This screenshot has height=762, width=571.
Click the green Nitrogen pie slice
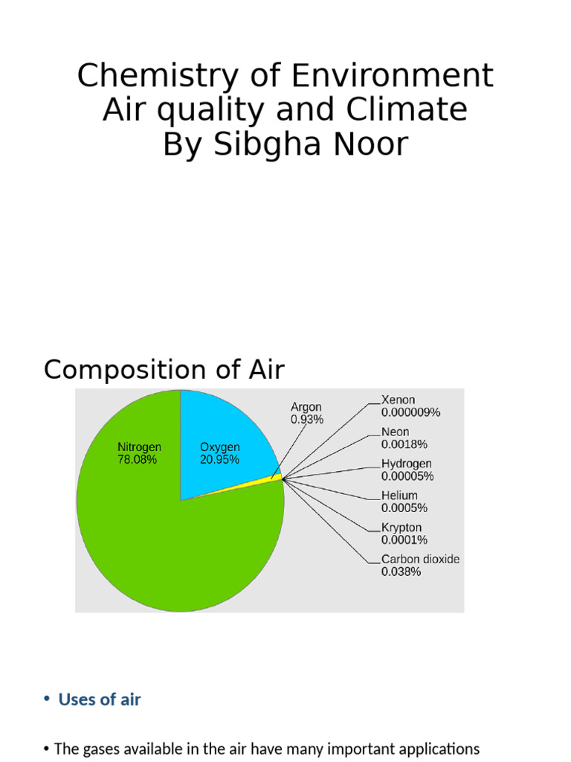point(149,536)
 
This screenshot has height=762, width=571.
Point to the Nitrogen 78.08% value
point(137,460)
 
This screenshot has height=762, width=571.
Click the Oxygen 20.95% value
point(219,460)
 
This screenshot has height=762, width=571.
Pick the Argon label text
point(306,408)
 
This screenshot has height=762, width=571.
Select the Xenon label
point(398,400)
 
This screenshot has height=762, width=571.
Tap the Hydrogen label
point(406,464)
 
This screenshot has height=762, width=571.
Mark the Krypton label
point(402,528)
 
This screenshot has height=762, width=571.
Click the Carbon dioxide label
point(420,559)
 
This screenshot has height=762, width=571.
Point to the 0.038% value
point(401,572)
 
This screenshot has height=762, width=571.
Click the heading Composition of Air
point(164,370)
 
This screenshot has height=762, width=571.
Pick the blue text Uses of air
point(100,699)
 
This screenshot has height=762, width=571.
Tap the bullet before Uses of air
point(46,699)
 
